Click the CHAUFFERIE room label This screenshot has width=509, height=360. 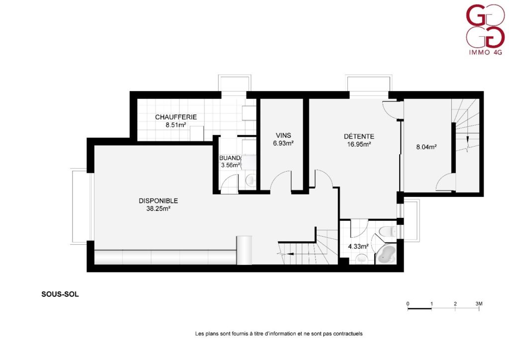point(176,117)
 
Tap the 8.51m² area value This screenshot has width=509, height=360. point(175,125)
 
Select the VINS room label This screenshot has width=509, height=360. point(283,135)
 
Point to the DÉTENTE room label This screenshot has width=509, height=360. point(359,136)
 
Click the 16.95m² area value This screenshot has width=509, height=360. point(359,145)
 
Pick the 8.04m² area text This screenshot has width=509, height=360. point(426,147)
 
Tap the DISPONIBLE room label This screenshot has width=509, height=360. point(159,201)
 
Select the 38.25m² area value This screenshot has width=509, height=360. point(159,209)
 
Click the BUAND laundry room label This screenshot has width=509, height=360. point(230,158)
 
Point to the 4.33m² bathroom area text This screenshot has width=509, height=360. point(358,247)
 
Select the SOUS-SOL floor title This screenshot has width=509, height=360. point(60,294)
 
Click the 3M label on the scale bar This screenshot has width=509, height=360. point(479,304)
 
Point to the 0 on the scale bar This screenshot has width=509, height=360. point(408,304)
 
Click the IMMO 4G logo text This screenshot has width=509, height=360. point(486,52)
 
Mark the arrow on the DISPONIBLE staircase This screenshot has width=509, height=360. point(291,254)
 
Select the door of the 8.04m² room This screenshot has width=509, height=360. point(445,182)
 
